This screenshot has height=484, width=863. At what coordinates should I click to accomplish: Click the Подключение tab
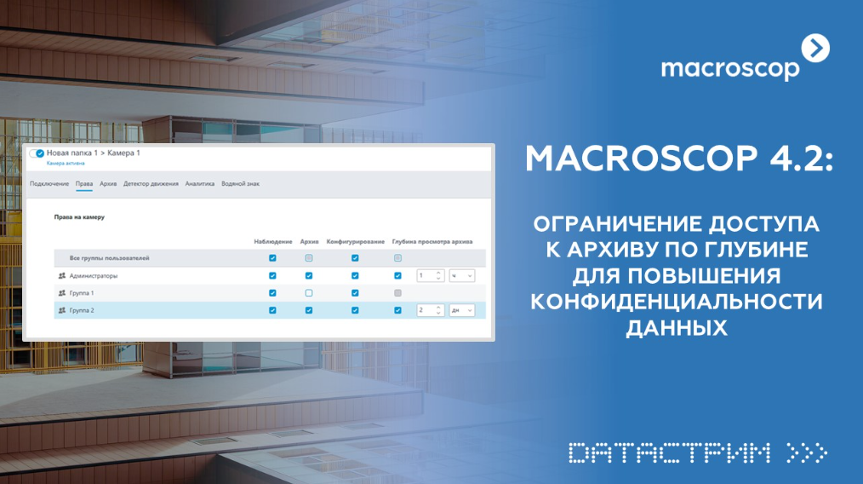(49, 183)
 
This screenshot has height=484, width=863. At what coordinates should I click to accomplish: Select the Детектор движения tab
(151, 183)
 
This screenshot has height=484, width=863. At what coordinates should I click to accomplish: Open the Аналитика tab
(200, 183)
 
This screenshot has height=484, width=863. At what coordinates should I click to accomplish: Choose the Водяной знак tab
(241, 183)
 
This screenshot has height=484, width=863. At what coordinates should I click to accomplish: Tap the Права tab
(84, 183)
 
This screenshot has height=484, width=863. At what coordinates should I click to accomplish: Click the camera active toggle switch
(37, 153)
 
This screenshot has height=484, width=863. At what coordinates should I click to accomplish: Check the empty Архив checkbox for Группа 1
(309, 293)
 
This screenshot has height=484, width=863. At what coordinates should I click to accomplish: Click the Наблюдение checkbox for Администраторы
(272, 275)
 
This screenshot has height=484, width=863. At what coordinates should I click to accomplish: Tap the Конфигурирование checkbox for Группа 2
(355, 310)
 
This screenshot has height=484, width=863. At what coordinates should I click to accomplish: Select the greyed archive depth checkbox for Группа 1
(398, 293)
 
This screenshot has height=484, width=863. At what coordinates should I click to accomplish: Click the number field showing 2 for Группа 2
(431, 310)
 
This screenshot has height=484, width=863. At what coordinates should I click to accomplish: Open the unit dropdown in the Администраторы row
(462, 275)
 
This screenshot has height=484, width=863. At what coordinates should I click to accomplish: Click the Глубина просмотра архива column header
(432, 241)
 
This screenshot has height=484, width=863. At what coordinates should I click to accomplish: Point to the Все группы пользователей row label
(109, 258)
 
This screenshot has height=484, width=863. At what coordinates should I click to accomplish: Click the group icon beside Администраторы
(62, 275)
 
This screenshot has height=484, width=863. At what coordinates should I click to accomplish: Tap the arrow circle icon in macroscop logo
(815, 49)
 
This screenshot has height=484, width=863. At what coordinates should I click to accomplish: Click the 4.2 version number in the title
(801, 158)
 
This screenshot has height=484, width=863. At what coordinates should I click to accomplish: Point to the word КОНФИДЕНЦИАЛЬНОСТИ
(677, 302)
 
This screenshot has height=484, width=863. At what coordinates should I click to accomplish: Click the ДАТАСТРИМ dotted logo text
(669, 453)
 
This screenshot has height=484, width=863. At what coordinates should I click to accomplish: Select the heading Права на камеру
(79, 217)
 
